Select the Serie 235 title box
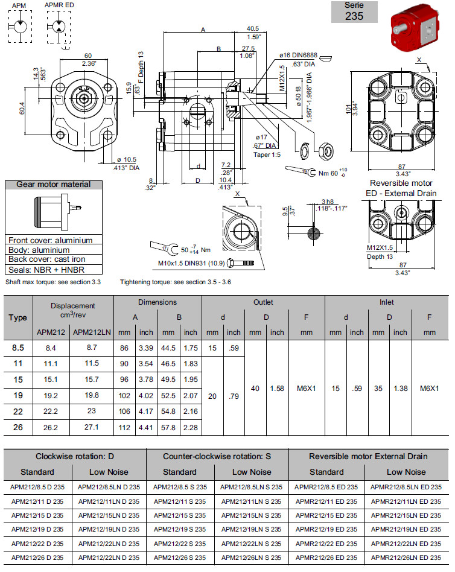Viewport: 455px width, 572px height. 354,11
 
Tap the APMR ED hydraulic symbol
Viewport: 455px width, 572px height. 59,26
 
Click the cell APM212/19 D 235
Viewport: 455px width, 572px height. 37,529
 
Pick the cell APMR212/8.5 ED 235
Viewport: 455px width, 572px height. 326,487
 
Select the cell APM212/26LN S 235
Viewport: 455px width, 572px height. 250,557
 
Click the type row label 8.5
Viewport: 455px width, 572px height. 18,348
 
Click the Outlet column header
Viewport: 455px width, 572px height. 263,302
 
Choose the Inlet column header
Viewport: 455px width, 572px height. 386,302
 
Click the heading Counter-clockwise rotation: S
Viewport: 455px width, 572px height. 217,456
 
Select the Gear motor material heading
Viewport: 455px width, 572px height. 54,185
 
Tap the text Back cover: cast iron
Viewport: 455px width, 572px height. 44,259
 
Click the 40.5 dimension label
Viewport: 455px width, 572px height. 253,28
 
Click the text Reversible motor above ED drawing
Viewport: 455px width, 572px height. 401,183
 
